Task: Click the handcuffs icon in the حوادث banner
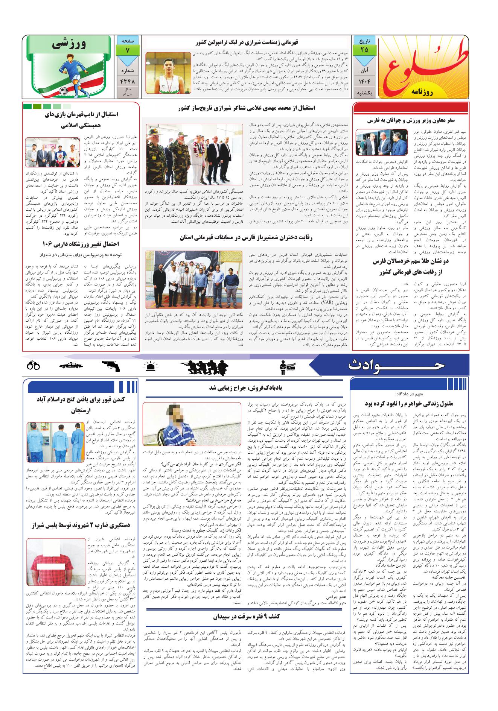pyautogui.click(x=34, y=365)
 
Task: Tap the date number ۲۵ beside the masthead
pyautogui.click(x=364, y=50)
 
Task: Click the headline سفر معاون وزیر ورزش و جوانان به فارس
pyautogui.click(x=411, y=120)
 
